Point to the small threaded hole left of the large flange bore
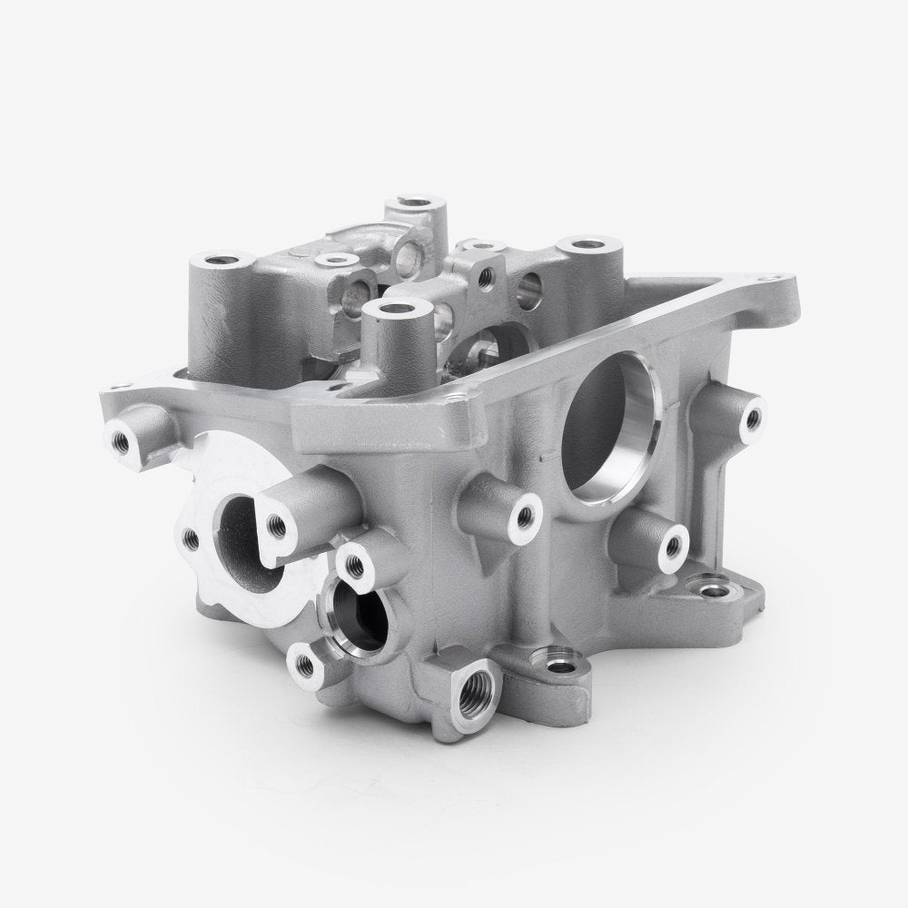point(190,538)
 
